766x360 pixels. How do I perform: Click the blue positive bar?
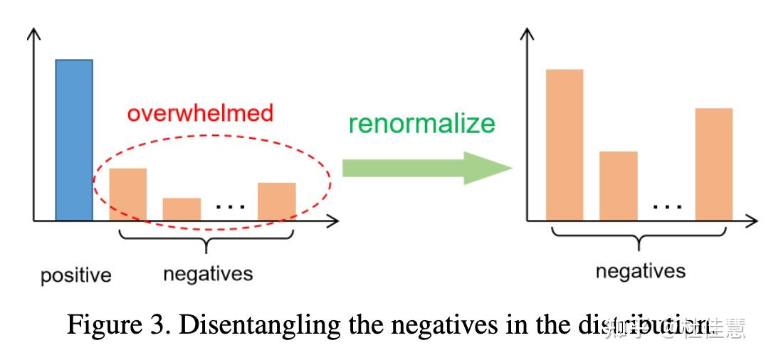[74, 139]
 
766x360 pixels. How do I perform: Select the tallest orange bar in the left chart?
[127, 194]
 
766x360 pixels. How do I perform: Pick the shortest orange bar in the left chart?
[182, 208]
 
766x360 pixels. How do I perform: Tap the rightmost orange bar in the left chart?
[277, 201]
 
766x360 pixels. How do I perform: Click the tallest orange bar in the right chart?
[565, 144]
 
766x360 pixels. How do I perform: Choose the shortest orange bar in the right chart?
[618, 186]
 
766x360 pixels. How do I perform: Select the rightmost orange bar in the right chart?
[713, 164]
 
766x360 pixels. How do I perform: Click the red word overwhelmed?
[200, 114]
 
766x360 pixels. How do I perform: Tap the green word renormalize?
[421, 123]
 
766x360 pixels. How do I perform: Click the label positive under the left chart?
[75, 275]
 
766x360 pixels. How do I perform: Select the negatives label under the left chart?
[208, 273]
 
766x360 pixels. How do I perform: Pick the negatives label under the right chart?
[640, 271]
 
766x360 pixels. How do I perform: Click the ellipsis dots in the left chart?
[230, 207]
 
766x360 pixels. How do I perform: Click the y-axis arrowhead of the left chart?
[34, 33]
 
